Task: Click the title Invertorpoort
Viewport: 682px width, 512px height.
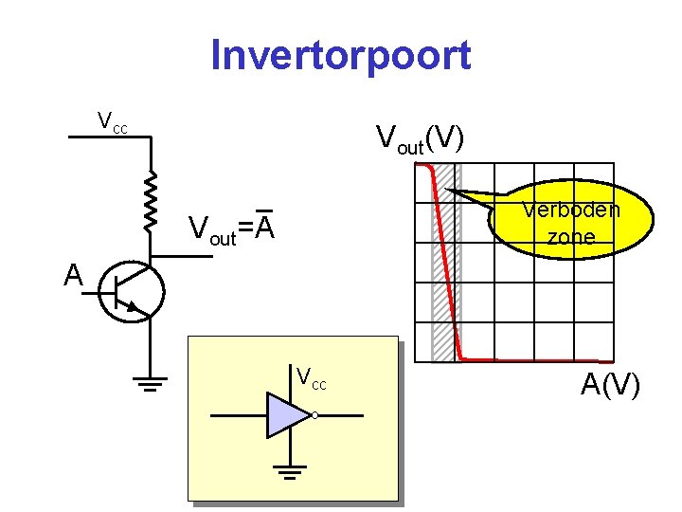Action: click(x=340, y=55)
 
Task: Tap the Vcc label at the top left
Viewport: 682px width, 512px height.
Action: click(x=113, y=121)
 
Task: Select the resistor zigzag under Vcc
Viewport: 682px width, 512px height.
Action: click(x=151, y=201)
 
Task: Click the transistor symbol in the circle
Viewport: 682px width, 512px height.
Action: click(x=132, y=292)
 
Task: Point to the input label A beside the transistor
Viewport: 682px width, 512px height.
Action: click(x=73, y=275)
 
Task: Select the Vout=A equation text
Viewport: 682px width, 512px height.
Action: click(x=232, y=229)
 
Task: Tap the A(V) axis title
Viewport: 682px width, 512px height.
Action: click(x=611, y=386)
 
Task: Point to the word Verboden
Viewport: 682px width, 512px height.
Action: click(x=571, y=210)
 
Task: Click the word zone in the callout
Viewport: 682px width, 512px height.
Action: click(x=571, y=237)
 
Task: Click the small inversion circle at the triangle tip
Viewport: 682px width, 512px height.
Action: click(x=314, y=415)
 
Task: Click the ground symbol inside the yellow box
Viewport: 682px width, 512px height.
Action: click(x=291, y=470)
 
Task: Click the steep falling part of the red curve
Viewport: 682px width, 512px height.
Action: click(x=447, y=265)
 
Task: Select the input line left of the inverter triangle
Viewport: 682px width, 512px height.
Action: click(x=237, y=415)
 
